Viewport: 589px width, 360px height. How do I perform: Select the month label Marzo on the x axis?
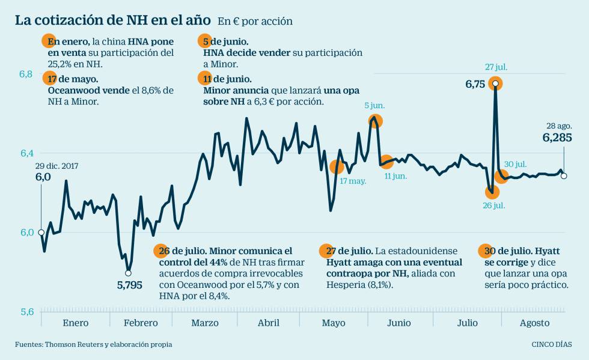(205, 323)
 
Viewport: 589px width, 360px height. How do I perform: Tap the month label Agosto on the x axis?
(534, 323)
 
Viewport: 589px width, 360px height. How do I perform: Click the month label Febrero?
(141, 323)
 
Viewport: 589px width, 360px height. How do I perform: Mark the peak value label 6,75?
(475, 85)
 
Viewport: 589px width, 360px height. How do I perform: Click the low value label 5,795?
(129, 285)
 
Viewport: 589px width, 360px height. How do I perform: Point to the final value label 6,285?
(557, 138)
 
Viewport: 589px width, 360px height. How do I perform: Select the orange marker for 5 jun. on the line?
(376, 121)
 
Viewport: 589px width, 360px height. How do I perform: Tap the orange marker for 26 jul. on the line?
(493, 192)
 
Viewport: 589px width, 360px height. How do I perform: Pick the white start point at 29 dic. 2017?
(41, 233)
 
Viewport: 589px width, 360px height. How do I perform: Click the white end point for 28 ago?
(564, 176)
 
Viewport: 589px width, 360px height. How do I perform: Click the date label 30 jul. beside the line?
(516, 164)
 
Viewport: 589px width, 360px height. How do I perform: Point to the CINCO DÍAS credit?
(552, 344)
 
